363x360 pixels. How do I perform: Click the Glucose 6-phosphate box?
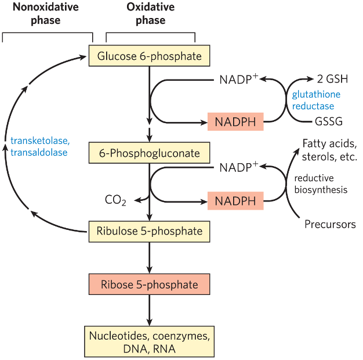point(150,56)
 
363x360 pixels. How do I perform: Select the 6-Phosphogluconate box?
point(150,153)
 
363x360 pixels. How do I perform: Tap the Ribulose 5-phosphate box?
point(150,231)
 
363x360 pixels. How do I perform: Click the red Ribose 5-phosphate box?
point(150,285)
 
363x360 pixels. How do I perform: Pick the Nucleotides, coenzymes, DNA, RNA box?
point(150,341)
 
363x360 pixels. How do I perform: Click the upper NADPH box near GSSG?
point(235,122)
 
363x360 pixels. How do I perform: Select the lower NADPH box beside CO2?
point(235,201)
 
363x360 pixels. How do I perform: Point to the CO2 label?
point(115,201)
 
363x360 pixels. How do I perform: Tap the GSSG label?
point(328,122)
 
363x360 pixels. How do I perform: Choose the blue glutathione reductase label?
point(316,100)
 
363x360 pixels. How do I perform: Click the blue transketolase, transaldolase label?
point(39,146)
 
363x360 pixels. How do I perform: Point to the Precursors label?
point(330,224)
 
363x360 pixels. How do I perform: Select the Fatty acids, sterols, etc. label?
point(329,150)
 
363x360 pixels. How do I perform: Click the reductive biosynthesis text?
point(321,183)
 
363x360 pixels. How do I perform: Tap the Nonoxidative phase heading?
point(38,15)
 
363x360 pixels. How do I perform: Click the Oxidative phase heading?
point(150,15)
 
